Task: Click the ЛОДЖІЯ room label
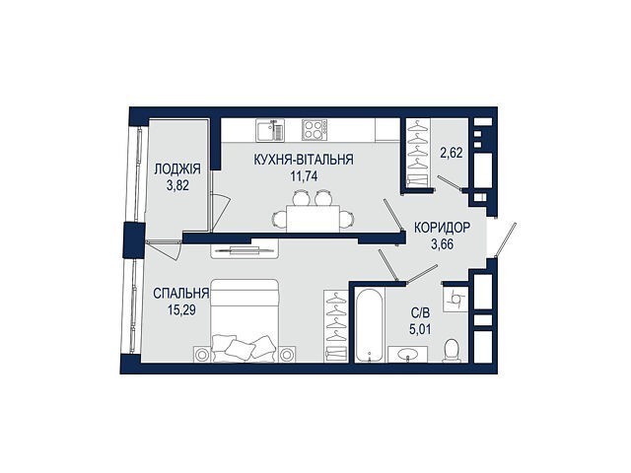pos(177,169)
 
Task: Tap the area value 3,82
pos(177,185)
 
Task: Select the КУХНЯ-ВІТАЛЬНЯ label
pos(304,160)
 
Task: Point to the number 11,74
pos(304,176)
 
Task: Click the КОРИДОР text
pos(442,228)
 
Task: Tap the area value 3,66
pos(443,244)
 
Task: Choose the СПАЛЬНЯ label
pos(181,294)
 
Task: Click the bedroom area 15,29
pos(181,310)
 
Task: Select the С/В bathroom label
pos(420,313)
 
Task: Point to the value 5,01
pos(420,330)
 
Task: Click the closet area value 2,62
pos(452,153)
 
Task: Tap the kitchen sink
pos(270,130)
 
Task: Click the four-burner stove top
pos(315,130)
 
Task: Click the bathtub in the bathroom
pos(370,325)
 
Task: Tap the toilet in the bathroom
pos(452,350)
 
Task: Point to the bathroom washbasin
pos(407,354)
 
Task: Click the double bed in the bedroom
pos(245,320)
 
